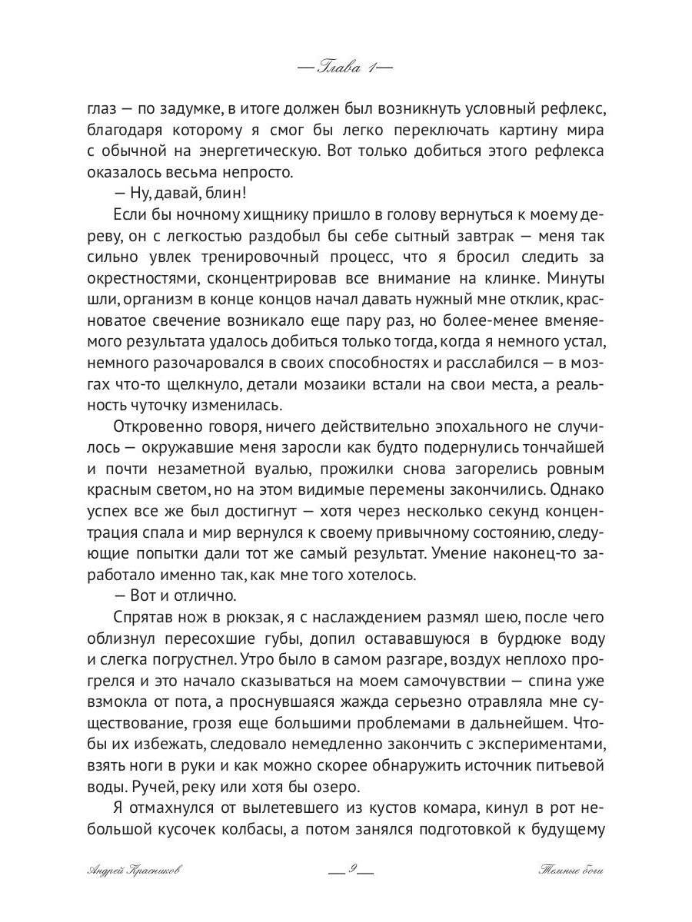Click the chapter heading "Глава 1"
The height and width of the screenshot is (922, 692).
[x=345, y=68]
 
